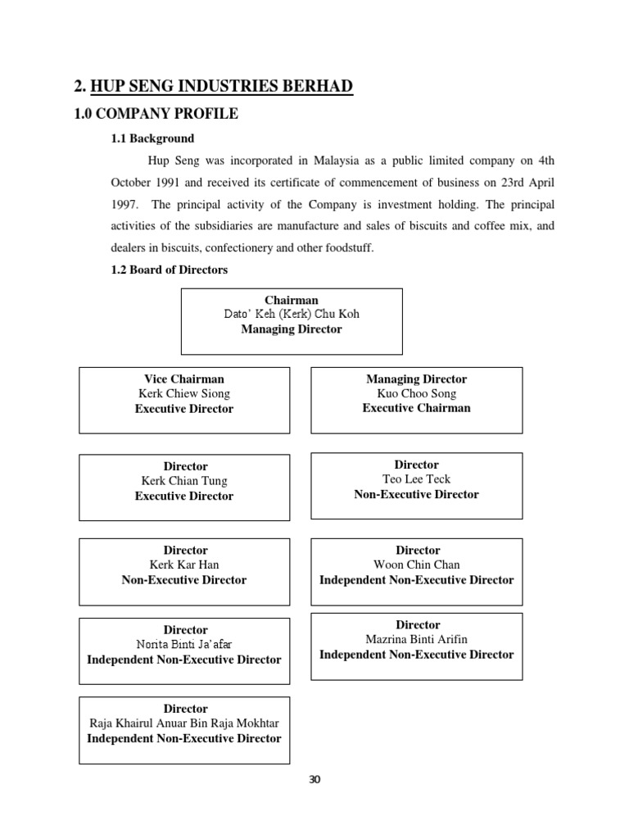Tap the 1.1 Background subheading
click(153, 138)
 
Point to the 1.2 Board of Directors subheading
click(170, 270)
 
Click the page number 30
click(314, 779)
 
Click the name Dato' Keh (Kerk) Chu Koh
click(292, 314)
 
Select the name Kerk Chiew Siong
click(184, 393)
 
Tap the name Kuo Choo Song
click(416, 393)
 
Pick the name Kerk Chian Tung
click(184, 481)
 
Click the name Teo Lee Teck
click(416, 479)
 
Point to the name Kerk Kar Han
click(184, 565)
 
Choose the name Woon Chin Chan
click(416, 565)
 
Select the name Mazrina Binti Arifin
click(416, 639)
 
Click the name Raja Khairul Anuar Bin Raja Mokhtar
click(185, 723)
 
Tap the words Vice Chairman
click(184, 379)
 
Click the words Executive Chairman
click(416, 408)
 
